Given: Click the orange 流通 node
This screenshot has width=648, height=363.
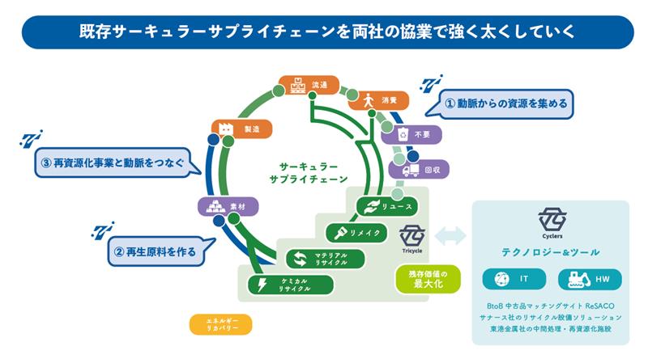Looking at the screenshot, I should pyautogui.click(x=309, y=84).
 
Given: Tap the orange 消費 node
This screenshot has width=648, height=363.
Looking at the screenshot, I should pyautogui.click(x=378, y=100).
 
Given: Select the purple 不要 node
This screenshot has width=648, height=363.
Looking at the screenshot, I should pyautogui.click(x=412, y=134).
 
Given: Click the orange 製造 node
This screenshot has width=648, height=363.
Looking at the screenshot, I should pyautogui.click(x=241, y=128).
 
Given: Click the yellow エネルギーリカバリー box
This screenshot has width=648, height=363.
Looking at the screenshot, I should pyautogui.click(x=220, y=324).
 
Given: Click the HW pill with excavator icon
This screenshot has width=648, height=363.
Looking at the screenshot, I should pyautogui.click(x=590, y=280).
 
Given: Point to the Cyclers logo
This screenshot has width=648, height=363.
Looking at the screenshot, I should pyautogui.click(x=552, y=222).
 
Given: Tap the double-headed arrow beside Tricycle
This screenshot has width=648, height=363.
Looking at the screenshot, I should pyautogui.click(x=450, y=236).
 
